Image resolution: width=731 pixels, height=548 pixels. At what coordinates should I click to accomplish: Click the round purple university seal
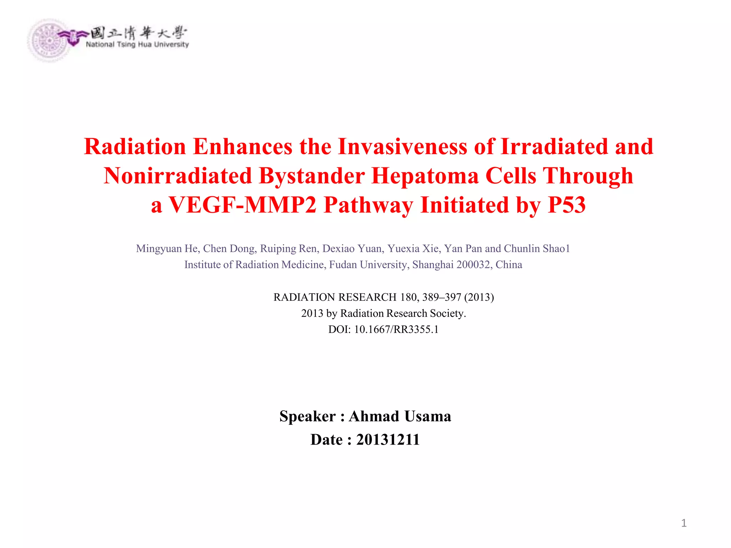click(49, 40)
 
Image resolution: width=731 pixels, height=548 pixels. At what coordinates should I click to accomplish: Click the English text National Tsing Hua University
click(137, 45)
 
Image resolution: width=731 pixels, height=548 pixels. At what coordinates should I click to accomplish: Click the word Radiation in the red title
click(135, 146)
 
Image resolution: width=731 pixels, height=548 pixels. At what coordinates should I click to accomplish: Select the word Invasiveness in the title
click(402, 146)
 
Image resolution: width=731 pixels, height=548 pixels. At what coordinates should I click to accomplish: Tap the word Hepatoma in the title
click(425, 176)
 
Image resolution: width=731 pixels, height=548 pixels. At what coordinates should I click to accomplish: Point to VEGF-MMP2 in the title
click(242, 205)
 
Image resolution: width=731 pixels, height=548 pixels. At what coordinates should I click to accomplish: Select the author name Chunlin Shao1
click(537, 248)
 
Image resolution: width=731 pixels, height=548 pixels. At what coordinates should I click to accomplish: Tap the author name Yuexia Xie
click(413, 248)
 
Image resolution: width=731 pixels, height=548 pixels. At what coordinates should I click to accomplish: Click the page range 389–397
click(442, 297)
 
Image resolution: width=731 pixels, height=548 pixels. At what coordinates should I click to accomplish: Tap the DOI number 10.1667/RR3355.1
click(396, 329)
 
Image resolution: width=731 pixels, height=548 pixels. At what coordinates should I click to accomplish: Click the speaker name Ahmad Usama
click(400, 416)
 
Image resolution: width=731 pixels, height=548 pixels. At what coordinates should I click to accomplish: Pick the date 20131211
click(388, 440)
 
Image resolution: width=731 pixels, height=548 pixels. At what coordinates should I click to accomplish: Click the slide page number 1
click(684, 523)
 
